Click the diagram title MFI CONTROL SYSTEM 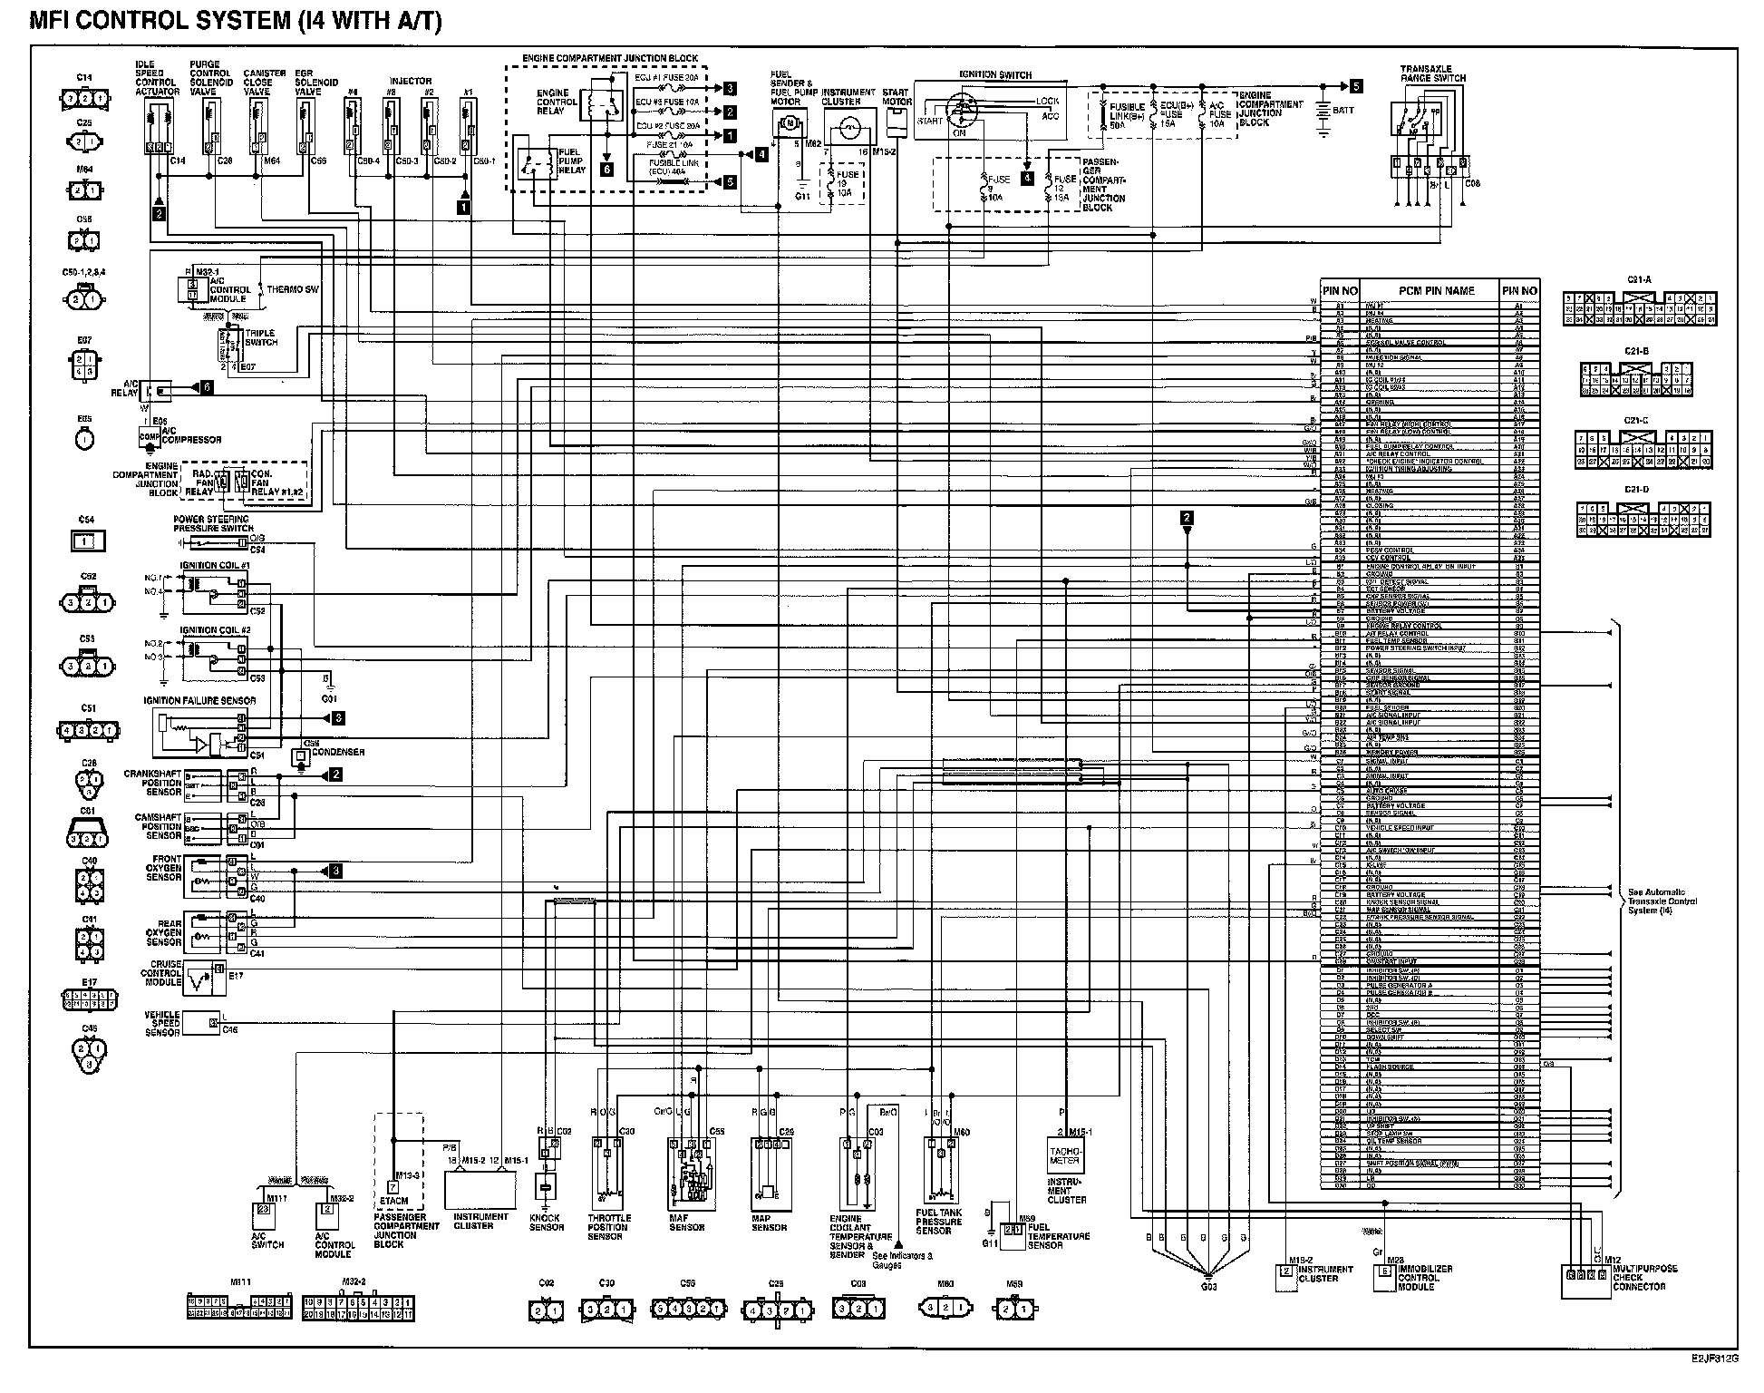(x=236, y=22)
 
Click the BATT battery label (x=1343, y=111)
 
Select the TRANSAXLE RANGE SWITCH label (x=1426, y=73)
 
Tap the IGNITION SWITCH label (x=995, y=74)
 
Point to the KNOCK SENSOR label (x=546, y=1223)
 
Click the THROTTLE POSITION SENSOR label (x=608, y=1227)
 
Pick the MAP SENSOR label (x=769, y=1223)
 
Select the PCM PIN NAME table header (x=1436, y=291)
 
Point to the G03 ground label (x=1208, y=1286)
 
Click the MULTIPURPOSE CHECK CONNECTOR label (x=1644, y=1278)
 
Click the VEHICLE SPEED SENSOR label (x=162, y=1024)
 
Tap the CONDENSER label (x=338, y=752)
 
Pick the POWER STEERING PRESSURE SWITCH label (x=214, y=524)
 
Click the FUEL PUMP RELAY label (x=572, y=160)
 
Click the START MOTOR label (x=896, y=96)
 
